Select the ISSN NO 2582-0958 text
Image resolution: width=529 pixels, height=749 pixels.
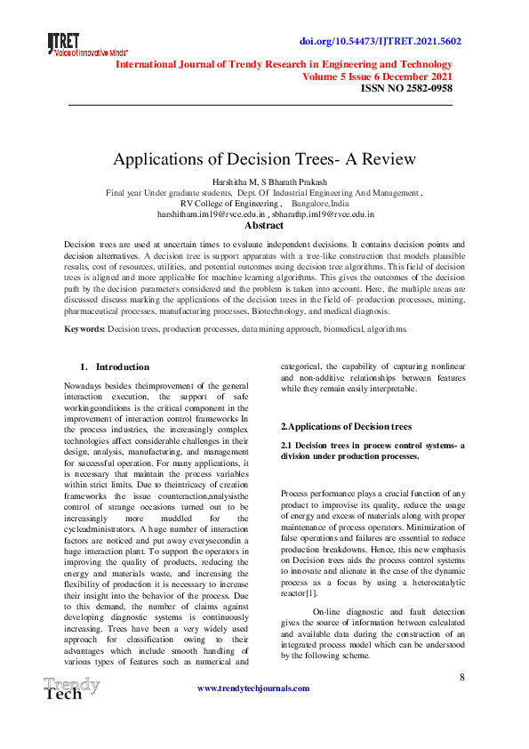pos(405,88)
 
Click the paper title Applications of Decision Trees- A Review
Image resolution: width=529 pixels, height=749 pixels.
pos(264,160)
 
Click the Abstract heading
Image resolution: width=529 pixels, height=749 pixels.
pos(264,226)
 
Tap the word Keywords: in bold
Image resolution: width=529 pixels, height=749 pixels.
pos(85,329)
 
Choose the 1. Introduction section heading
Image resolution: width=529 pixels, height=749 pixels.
pos(115,366)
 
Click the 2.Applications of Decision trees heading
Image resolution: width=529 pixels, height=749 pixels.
pos(346,427)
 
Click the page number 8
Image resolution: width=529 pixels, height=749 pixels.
pos(462,677)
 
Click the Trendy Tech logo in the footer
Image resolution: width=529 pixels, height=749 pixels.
pos(71,689)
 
